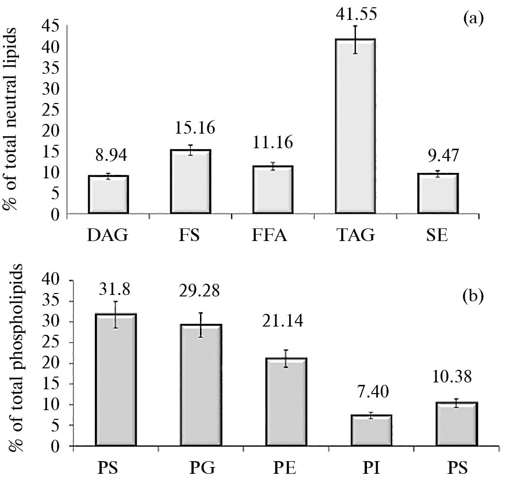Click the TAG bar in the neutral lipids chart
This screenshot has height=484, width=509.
(355, 126)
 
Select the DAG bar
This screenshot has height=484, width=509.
(108, 194)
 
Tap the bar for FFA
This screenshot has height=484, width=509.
(273, 190)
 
